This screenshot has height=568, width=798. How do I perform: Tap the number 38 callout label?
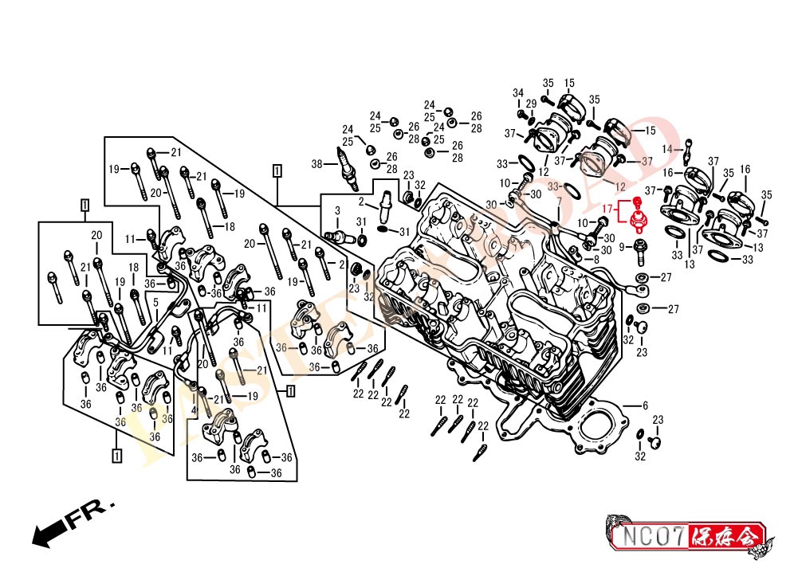click(316, 165)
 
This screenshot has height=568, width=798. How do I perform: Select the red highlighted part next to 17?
click(638, 216)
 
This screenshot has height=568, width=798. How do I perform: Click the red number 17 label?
click(607, 210)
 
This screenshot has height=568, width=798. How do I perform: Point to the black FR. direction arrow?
click(49, 533)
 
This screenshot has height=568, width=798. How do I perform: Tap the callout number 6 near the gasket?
click(645, 405)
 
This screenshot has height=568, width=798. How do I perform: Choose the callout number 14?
click(666, 148)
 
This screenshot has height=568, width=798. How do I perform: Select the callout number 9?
click(622, 247)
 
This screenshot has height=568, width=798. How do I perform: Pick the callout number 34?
click(518, 92)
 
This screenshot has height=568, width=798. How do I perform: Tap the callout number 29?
click(531, 104)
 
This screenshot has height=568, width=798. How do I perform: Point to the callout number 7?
click(559, 202)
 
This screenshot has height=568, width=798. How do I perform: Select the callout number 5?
click(155, 303)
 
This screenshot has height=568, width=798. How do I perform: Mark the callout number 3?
click(337, 210)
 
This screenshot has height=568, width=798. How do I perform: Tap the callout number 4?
click(194, 410)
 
